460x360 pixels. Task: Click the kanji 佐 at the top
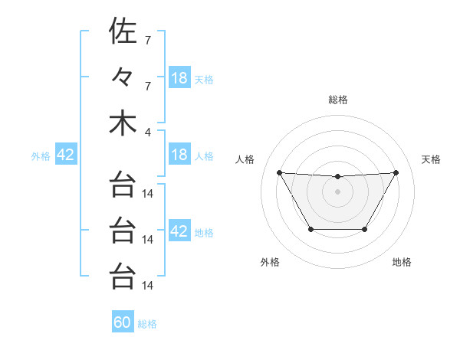[x=123, y=31]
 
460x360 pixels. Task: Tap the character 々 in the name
[x=123, y=77]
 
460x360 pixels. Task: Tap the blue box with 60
[x=123, y=322]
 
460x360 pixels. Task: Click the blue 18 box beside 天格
[x=179, y=78]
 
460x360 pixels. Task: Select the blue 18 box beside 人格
[x=179, y=155]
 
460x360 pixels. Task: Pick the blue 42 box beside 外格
[x=66, y=155]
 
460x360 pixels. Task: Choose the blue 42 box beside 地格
[x=179, y=231]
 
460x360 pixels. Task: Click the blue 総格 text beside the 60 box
[x=147, y=324]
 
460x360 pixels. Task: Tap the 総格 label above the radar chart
[x=337, y=100]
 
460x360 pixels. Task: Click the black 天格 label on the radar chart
[x=431, y=159]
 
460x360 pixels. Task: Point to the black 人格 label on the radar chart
[x=245, y=159]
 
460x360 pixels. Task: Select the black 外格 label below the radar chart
[x=270, y=263]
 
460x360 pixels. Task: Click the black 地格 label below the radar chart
[x=402, y=263]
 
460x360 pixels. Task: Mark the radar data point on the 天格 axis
[x=396, y=172]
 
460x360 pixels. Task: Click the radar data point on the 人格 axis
[x=279, y=172]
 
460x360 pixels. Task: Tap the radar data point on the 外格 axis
[x=310, y=229]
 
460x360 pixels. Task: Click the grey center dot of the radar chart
[x=337, y=191]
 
